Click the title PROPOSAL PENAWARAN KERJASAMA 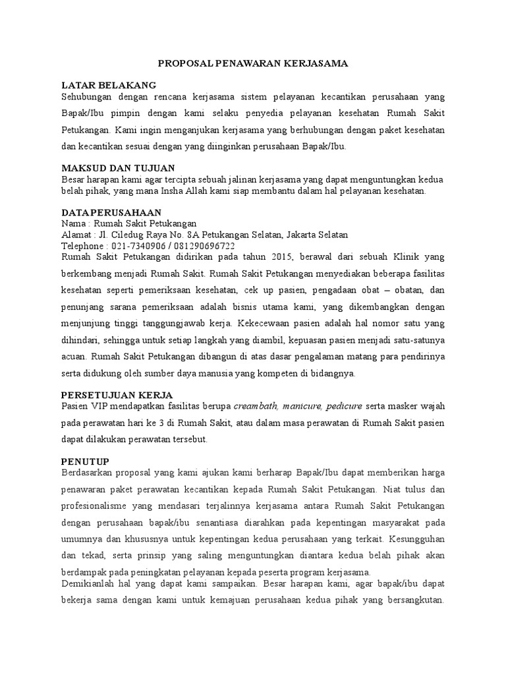[x=253, y=63]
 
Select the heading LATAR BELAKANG [x=109, y=85]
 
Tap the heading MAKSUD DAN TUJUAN [x=118, y=168]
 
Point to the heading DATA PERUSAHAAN [x=111, y=212]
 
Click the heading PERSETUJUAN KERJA [x=117, y=394]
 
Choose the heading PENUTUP [x=85, y=460]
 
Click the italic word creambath [x=258, y=405]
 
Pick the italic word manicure [x=304, y=405]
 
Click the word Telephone [x=82, y=245]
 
